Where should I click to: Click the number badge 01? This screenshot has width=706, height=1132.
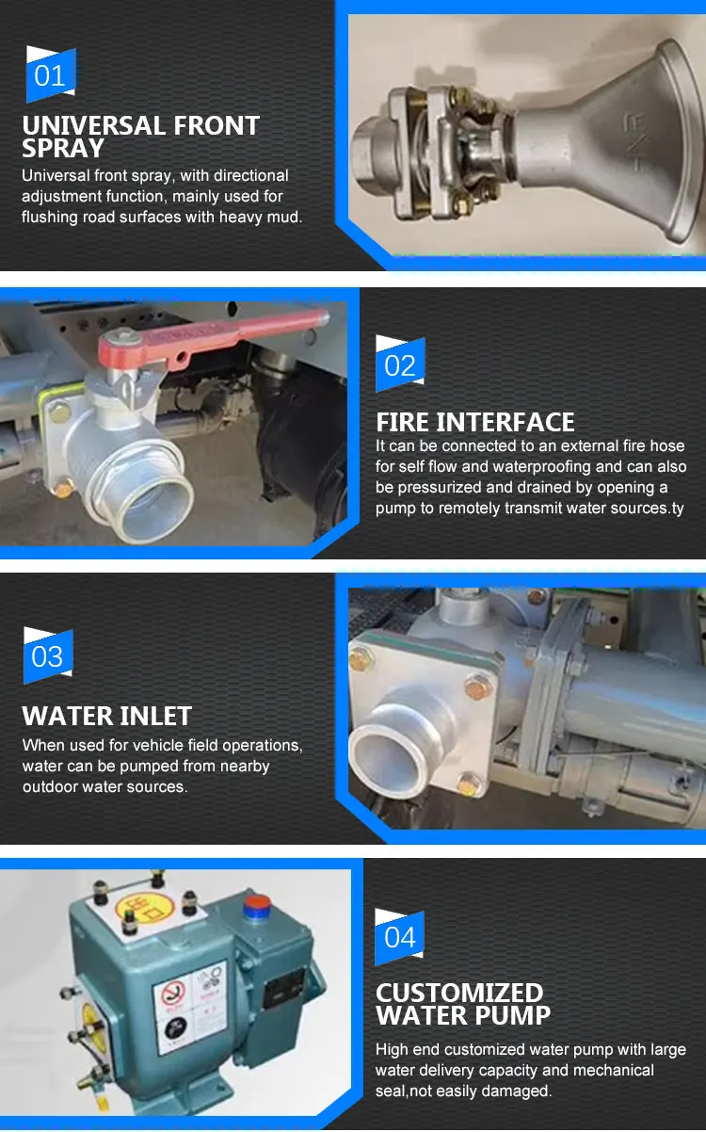(x=51, y=74)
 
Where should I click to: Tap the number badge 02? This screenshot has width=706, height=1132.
(x=400, y=364)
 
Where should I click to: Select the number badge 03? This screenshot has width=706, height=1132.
(x=48, y=655)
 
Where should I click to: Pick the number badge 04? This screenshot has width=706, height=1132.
(x=399, y=937)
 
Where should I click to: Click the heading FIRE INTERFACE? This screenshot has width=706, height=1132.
(x=475, y=422)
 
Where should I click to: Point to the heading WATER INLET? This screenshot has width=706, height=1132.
(x=107, y=716)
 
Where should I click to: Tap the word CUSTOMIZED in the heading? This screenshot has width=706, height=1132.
(x=459, y=993)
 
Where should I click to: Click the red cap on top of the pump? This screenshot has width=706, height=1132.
(x=258, y=905)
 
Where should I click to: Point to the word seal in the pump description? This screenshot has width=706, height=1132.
(x=390, y=1092)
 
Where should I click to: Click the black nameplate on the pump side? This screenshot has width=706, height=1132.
(x=284, y=983)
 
